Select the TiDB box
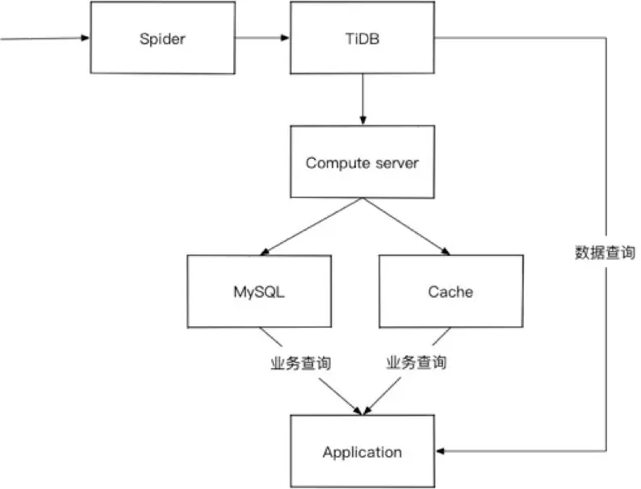pos(362,38)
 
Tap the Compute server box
pos(362,163)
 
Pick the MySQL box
pos(259,291)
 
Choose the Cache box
pos(450,291)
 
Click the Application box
pos(362,452)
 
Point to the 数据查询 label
pos(605,253)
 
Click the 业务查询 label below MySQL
pos(300,363)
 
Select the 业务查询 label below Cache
pos(415,363)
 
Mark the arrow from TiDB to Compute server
pos(362,97)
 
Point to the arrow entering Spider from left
pos(48,38)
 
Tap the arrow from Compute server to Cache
pos(408,226)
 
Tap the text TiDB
pos(362,38)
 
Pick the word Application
pos(362,452)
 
